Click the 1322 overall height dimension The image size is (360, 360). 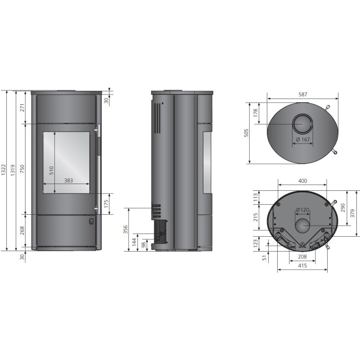coord(4,170)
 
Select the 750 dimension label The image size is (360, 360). coord(22,169)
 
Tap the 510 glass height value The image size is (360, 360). coord(51,169)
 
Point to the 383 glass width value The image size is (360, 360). coord(68,180)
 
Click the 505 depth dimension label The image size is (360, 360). coord(246,133)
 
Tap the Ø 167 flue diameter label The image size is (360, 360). coord(303,139)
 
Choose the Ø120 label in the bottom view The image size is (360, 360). coord(302,210)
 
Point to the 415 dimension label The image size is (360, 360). coord(302,266)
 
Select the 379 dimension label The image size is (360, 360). coord(352,213)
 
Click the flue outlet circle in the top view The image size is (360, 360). coord(302,124)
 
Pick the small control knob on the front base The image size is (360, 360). coord(91,221)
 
